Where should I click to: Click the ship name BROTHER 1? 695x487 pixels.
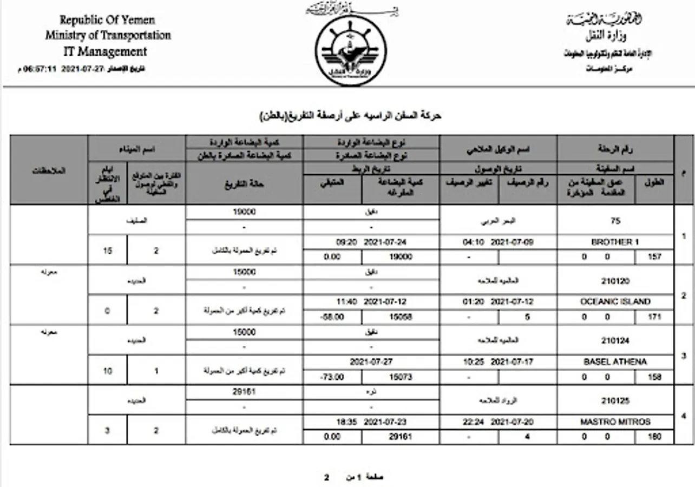pyautogui.click(x=615, y=242)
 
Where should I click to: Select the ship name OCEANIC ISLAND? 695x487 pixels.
pyautogui.click(x=615, y=302)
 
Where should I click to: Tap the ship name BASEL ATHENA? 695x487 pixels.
pyautogui.click(x=615, y=361)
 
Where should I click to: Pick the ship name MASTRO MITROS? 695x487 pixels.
pyautogui.click(x=615, y=422)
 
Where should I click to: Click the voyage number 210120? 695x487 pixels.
pyautogui.click(x=615, y=281)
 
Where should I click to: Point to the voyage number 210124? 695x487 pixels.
pyautogui.click(x=615, y=340)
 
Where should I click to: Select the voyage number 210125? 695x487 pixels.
pyautogui.click(x=615, y=401)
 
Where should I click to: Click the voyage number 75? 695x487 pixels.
pyautogui.click(x=615, y=221)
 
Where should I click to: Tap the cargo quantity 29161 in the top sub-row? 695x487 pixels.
pyautogui.click(x=244, y=392)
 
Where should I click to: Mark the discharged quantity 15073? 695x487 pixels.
pyautogui.click(x=401, y=377)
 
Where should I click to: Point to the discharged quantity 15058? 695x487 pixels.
pyautogui.click(x=401, y=317)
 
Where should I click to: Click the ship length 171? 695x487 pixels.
pyautogui.click(x=654, y=317)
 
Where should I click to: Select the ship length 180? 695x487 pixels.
pyautogui.click(x=654, y=437)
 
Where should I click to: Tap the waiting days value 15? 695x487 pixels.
pyautogui.click(x=108, y=251)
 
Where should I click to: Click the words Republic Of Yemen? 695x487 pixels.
pyautogui.click(x=107, y=21)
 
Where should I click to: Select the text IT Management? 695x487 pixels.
pyautogui.click(x=105, y=52)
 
